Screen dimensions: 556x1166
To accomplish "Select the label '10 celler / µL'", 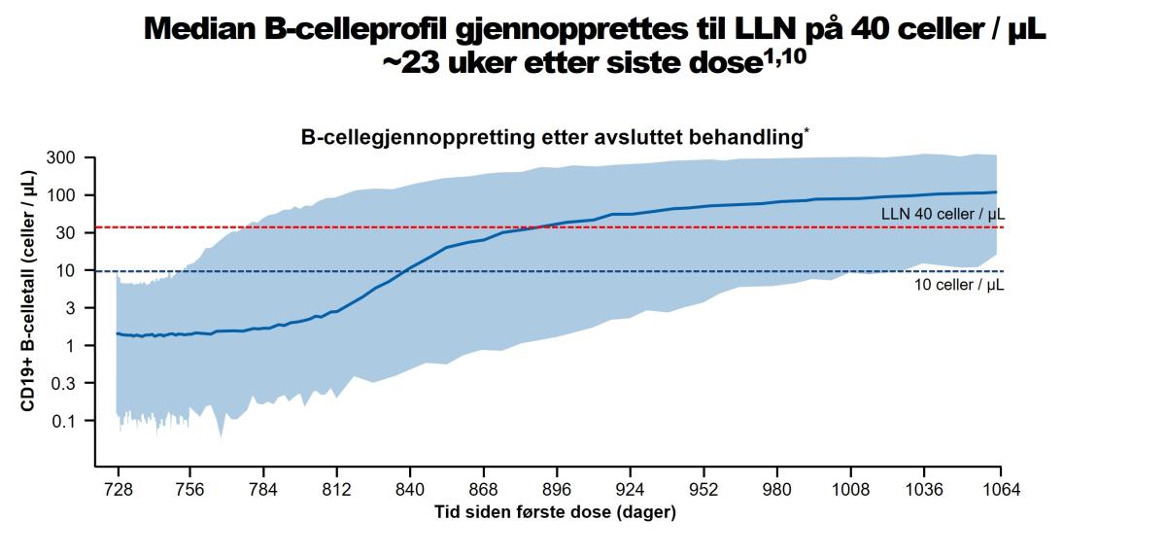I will click(958, 286).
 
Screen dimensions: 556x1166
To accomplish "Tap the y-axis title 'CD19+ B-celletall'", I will click(30, 311).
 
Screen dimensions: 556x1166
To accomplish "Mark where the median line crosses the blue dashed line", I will click(406, 271).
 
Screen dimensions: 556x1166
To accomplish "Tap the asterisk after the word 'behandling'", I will click(806, 133).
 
